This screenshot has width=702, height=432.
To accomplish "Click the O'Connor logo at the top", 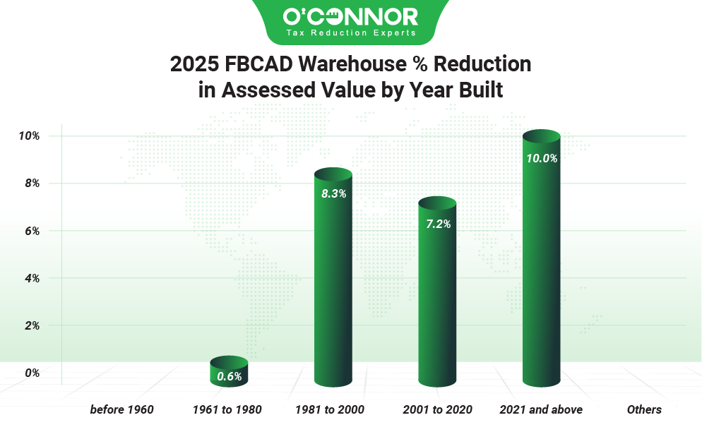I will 350,16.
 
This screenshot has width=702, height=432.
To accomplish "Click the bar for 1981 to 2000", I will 332,282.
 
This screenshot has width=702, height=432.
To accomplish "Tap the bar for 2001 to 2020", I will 437,296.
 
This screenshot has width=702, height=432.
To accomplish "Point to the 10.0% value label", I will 542,159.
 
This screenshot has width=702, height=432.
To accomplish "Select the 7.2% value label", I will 438,224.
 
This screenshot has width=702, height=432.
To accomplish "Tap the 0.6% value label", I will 230,376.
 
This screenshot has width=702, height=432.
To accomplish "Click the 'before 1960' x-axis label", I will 121,409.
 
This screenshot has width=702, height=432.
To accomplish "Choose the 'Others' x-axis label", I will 644,409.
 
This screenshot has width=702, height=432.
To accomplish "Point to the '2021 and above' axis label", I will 541,409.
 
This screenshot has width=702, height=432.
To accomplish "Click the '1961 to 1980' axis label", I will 227,409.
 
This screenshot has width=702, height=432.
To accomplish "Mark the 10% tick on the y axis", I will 29,136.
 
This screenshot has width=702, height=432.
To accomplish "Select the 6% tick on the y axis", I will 31,231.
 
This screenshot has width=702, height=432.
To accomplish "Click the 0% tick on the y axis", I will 31,373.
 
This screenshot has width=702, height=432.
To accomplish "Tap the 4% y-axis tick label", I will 31,278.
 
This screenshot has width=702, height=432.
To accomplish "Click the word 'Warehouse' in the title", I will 362,64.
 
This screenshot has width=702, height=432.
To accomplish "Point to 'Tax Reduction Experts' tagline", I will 350,32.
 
